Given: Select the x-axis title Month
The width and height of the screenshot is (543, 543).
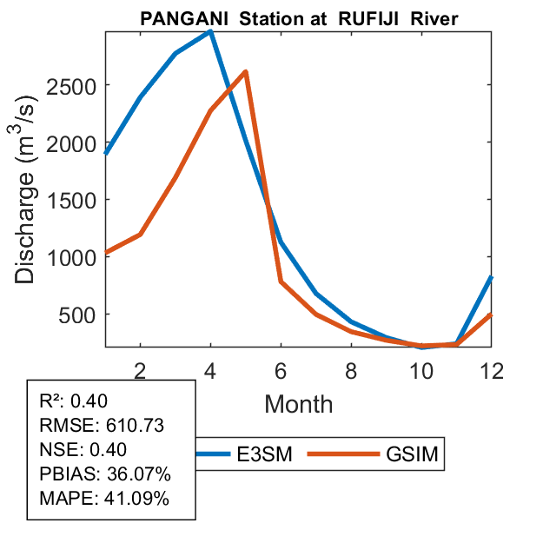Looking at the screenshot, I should pyautogui.click(x=298, y=403).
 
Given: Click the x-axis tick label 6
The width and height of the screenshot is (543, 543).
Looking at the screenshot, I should pyautogui.click(x=281, y=370).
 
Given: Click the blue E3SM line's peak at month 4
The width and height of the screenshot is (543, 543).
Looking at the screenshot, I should pyautogui.click(x=211, y=31).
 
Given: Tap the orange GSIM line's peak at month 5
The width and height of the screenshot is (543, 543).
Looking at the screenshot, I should pyautogui.click(x=246, y=71).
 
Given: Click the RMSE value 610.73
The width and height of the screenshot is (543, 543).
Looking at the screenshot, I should pyautogui.click(x=135, y=426).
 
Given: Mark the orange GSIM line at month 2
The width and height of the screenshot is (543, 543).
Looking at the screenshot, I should pyautogui.click(x=141, y=235).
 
